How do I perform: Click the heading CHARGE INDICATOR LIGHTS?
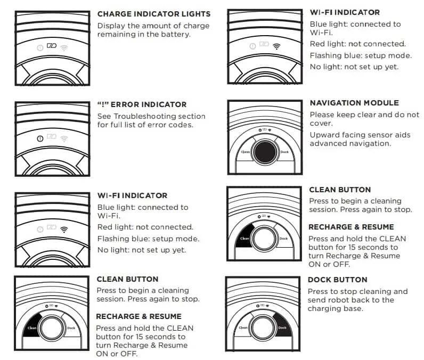[x=153, y=14]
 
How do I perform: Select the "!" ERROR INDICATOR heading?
[x=142, y=105]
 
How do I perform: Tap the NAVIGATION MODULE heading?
[x=354, y=103]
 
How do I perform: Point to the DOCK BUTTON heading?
[x=337, y=280]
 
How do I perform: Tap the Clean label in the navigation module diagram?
[x=245, y=152]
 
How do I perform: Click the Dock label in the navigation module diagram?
[x=284, y=152]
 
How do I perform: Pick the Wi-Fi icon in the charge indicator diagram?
[x=64, y=47]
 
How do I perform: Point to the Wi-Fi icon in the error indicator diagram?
[x=64, y=138]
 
